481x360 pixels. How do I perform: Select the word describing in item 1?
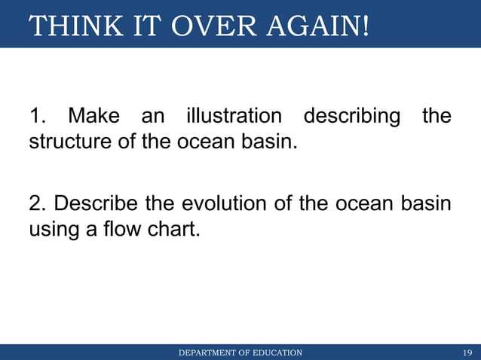351,117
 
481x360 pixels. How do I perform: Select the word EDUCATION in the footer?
277,352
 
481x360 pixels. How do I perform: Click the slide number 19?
467,352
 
